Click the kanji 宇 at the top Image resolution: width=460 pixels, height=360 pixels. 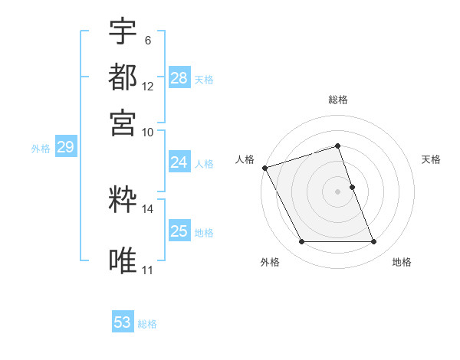click(x=123, y=32)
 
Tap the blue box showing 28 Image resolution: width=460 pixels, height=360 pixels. click(x=179, y=77)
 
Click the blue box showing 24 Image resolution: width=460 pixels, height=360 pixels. click(x=179, y=162)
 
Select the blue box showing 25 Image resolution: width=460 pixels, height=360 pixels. click(x=179, y=231)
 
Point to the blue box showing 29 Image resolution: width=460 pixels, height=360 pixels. click(x=65, y=148)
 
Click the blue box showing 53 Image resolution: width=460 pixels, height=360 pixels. click(x=123, y=322)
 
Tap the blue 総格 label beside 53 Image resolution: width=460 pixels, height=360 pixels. click(x=147, y=324)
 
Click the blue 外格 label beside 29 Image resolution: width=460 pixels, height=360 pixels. click(x=41, y=149)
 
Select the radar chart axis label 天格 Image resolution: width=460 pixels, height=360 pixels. click(x=432, y=159)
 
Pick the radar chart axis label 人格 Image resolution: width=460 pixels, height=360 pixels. click(x=245, y=159)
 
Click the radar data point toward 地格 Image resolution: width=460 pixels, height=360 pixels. click(x=374, y=242)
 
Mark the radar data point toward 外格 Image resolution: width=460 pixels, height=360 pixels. click(x=301, y=242)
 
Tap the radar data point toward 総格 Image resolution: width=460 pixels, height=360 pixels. click(x=337, y=146)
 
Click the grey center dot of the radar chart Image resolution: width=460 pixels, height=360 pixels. click(x=337, y=191)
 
